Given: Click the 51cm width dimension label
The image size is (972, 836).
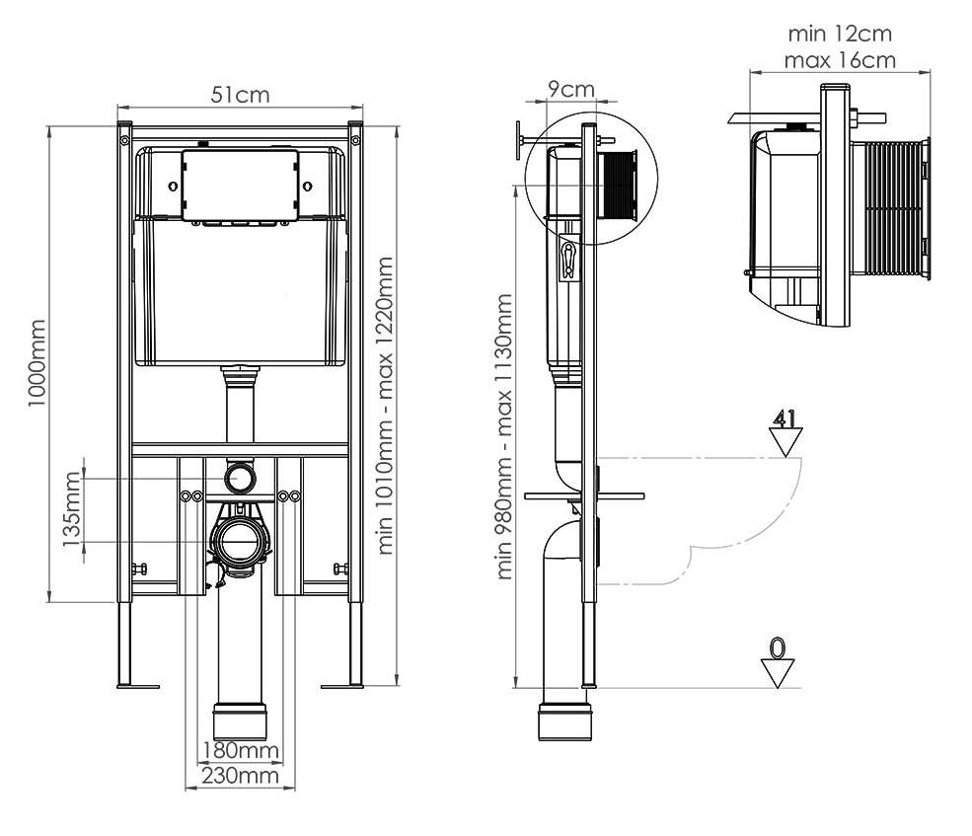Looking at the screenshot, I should pyautogui.click(x=240, y=95).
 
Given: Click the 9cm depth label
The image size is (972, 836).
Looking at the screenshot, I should pyautogui.click(x=571, y=90).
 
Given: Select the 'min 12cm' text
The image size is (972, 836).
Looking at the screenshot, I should pyautogui.click(x=840, y=34).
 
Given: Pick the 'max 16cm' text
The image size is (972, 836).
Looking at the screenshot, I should pyautogui.click(x=840, y=60).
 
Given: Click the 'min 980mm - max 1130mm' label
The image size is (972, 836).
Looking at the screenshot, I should pyautogui.click(x=504, y=435).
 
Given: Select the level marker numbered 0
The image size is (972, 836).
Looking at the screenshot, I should pyautogui.click(x=778, y=662).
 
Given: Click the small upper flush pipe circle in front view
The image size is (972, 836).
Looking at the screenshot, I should pyautogui.click(x=240, y=478).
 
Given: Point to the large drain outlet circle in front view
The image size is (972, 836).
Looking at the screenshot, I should pyautogui.click(x=240, y=540).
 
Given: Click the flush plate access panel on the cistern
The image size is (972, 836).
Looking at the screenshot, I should pyautogui.click(x=240, y=186).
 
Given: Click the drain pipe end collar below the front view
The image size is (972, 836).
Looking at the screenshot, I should pyautogui.click(x=240, y=720).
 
